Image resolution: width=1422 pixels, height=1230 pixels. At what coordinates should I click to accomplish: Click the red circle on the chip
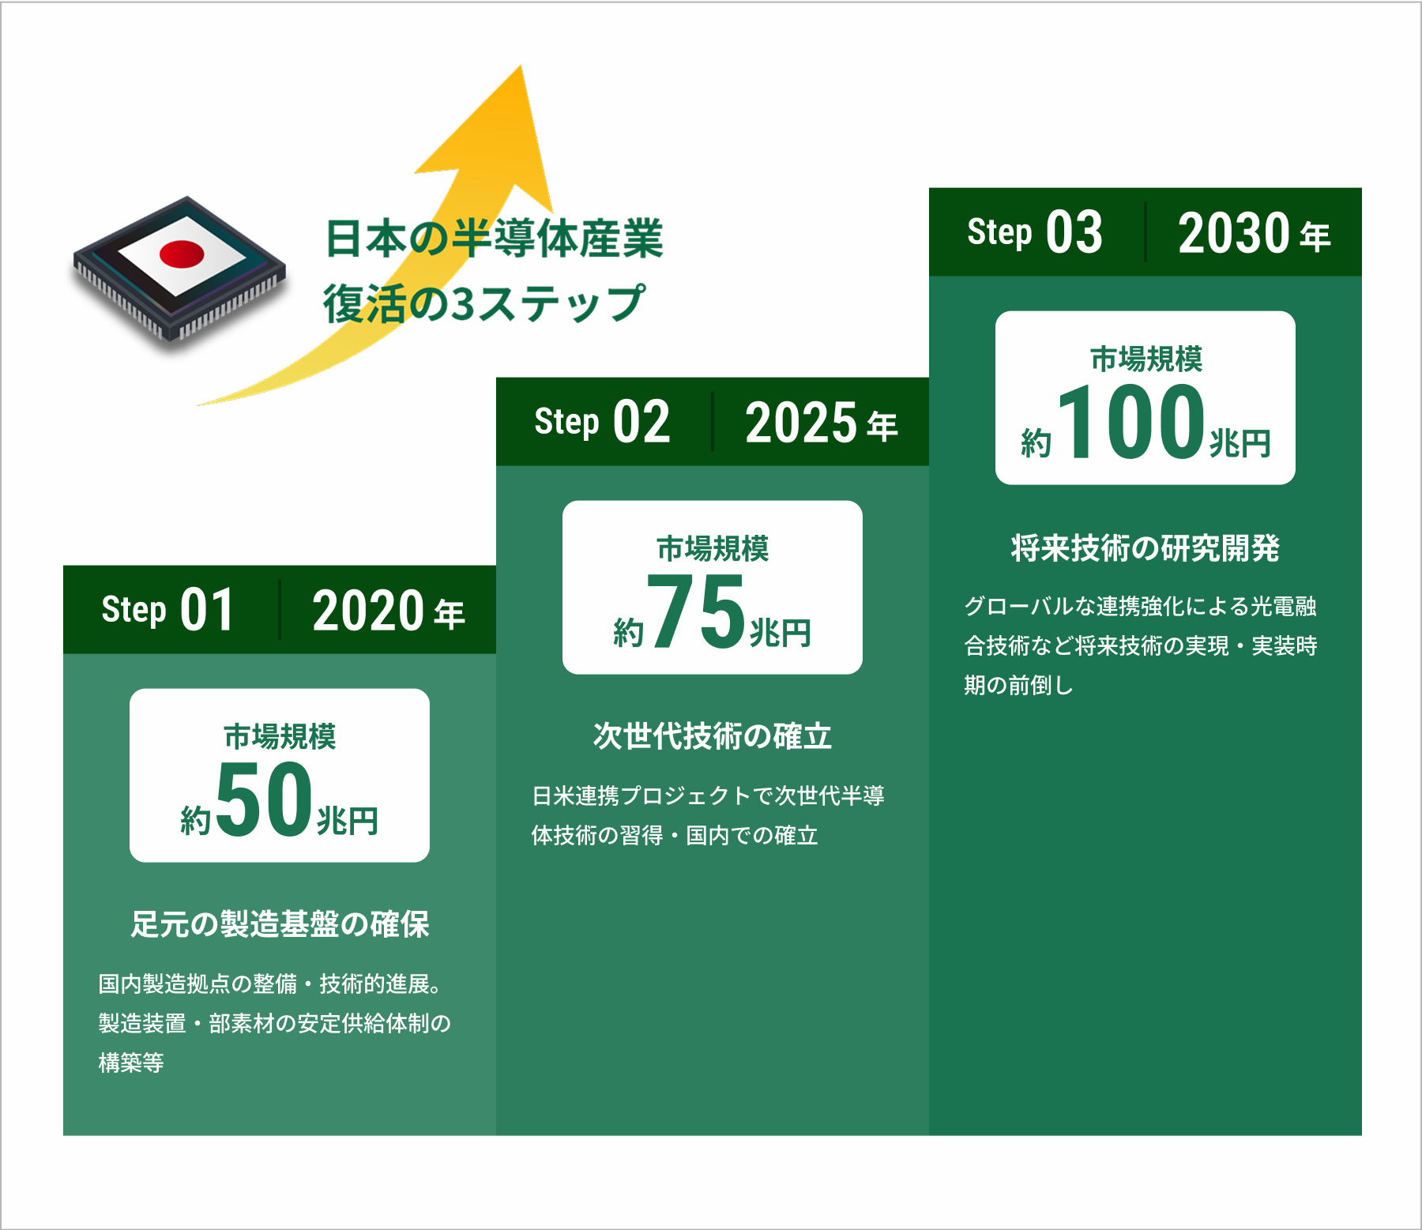click(182, 254)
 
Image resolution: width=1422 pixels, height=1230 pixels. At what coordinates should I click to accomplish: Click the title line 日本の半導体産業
click(495, 239)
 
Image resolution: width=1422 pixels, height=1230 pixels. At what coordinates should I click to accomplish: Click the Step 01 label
click(167, 610)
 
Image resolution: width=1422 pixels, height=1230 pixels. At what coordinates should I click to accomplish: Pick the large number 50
click(264, 799)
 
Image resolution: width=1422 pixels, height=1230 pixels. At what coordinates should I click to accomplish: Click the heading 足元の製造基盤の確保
click(280, 923)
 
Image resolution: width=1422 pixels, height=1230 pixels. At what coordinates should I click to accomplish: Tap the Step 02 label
click(602, 422)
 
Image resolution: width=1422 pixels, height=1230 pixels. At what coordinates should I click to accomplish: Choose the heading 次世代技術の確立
click(713, 735)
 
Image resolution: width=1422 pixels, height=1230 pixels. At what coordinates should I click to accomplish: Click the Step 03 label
click(1035, 232)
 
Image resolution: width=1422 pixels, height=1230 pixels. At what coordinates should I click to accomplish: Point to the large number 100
click(1131, 421)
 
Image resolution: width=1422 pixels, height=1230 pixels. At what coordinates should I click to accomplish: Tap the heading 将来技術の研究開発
click(1145, 547)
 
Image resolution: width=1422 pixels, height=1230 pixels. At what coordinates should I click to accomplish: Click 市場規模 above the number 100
click(1146, 359)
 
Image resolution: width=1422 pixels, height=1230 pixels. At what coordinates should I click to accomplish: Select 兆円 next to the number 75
click(780, 633)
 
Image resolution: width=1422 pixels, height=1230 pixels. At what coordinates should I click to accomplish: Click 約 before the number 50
click(195, 821)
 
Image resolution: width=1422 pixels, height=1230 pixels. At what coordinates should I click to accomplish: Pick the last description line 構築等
click(131, 1063)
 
